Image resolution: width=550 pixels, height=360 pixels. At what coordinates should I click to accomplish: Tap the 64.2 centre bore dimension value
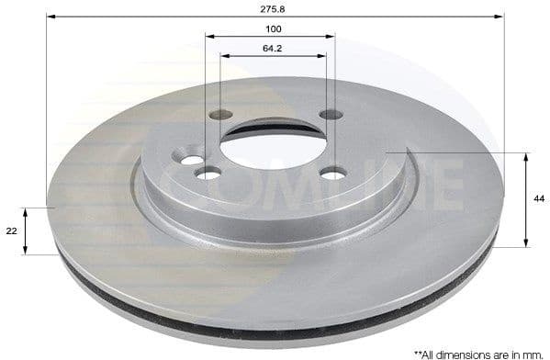point(273,48)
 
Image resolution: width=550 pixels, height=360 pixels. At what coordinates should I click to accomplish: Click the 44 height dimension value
point(537,198)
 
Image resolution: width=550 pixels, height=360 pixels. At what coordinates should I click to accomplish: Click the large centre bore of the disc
point(273,147)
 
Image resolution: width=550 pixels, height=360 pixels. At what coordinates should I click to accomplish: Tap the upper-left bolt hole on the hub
point(220,116)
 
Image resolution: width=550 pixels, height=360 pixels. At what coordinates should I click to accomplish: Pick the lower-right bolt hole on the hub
point(332,173)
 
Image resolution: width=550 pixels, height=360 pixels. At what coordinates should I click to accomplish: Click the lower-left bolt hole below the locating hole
point(209,174)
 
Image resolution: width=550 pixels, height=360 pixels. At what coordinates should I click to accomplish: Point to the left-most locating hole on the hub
point(191,160)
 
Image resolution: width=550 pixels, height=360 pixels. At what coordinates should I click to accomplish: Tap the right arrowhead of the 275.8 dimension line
point(500,17)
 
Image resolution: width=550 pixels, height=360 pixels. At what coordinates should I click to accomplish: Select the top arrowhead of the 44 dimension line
point(526,156)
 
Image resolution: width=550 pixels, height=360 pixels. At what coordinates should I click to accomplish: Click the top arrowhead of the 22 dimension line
point(26,211)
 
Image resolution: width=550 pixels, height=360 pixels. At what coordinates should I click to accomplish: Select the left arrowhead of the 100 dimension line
point(209,37)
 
